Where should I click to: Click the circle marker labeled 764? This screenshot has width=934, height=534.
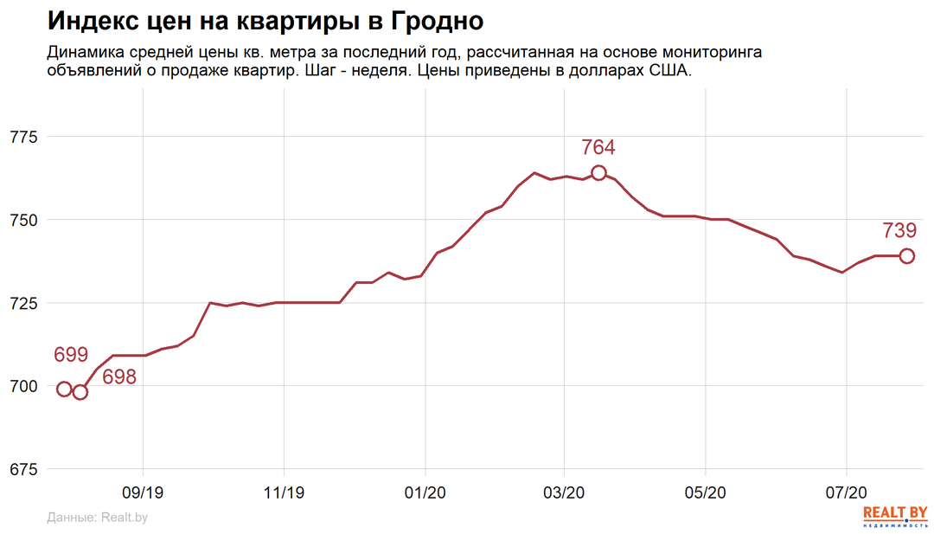(598, 173)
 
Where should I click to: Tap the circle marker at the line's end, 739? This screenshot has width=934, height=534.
(906, 256)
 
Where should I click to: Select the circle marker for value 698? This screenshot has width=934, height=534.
(80, 392)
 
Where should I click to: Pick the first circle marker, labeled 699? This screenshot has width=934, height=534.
(64, 389)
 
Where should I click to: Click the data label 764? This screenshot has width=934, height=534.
(598, 147)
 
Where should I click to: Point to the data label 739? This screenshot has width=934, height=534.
(899, 230)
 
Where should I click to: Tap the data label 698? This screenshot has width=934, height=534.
(119, 377)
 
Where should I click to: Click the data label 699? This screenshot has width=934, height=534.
(71, 355)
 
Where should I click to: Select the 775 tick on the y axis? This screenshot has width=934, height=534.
(23, 137)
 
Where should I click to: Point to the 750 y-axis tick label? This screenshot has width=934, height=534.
(23, 220)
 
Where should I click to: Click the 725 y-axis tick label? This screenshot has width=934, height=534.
(23, 303)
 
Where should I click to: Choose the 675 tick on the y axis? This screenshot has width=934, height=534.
(23, 469)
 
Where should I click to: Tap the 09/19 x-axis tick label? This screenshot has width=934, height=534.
(143, 492)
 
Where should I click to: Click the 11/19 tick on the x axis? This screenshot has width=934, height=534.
(285, 492)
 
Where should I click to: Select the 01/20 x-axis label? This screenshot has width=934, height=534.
(425, 492)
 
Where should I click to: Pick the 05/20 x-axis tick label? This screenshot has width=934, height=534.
(706, 492)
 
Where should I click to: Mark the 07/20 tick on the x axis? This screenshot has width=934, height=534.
(846, 492)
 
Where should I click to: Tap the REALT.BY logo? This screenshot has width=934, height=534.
(895, 516)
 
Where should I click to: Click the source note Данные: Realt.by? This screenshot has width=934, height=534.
(98, 518)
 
